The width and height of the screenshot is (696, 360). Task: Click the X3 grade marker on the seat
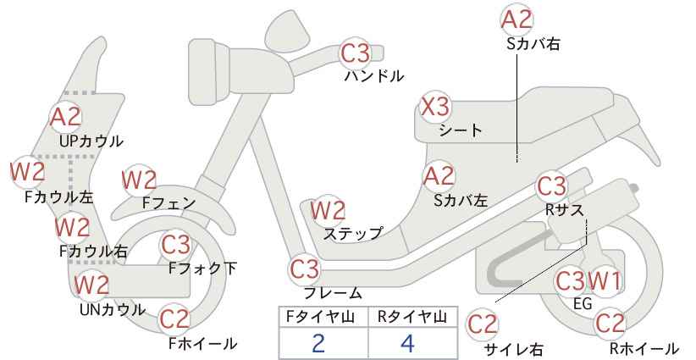tap(435, 108)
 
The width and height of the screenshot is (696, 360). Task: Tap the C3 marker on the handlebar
tap(355, 53)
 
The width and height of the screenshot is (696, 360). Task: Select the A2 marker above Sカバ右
tap(516, 20)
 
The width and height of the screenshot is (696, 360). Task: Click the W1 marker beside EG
tap(605, 280)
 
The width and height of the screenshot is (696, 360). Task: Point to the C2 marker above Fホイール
tap(174, 319)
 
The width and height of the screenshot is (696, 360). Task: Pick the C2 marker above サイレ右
tap(483, 324)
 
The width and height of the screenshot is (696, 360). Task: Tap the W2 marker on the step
tap(328, 210)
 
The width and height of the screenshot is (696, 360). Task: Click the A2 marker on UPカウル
tap(65, 117)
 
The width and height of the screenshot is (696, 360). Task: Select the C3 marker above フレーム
tap(305, 269)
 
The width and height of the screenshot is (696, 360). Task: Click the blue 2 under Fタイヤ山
tap(318, 343)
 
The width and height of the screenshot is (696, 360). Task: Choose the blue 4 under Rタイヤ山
tap(407, 343)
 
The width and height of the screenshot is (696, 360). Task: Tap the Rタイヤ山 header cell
tap(413, 317)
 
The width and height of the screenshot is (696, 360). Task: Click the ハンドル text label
tap(374, 76)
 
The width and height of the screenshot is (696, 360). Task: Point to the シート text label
tap(461, 130)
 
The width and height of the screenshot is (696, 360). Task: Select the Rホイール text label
tap(644, 348)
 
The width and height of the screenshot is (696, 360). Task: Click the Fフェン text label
tap(168, 202)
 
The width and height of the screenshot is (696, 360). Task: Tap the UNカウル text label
tap(113, 309)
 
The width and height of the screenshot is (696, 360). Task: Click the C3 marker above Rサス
tap(552, 186)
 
